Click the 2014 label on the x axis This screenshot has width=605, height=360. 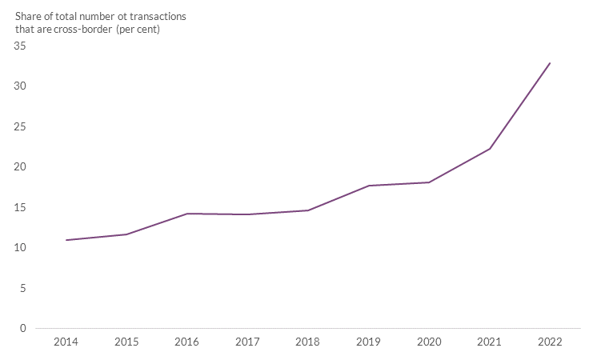pyautogui.click(x=66, y=342)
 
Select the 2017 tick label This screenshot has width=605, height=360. pyautogui.click(x=247, y=342)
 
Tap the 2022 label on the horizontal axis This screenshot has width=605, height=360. pyautogui.click(x=550, y=342)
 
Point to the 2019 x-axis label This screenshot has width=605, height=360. pyautogui.click(x=368, y=342)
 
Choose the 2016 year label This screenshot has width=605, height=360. pyautogui.click(x=186, y=342)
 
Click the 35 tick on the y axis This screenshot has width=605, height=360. pyautogui.click(x=20, y=46)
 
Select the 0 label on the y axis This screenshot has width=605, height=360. pyautogui.click(x=23, y=329)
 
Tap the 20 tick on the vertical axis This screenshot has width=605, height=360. pyautogui.click(x=20, y=167)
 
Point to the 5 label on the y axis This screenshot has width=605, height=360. pyautogui.click(x=23, y=288)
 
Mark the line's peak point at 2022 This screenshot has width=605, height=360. pyautogui.click(x=550, y=62)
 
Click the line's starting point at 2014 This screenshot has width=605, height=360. pyautogui.click(x=66, y=240)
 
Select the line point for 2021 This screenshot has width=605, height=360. pyautogui.click(x=490, y=149)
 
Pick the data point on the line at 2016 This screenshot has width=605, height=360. pyautogui.click(x=186, y=214)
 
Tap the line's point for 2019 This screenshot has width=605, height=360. pyautogui.click(x=368, y=186)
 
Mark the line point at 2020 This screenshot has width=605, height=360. pyautogui.click(x=429, y=182)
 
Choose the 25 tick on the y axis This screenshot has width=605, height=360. pyautogui.click(x=20, y=126)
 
